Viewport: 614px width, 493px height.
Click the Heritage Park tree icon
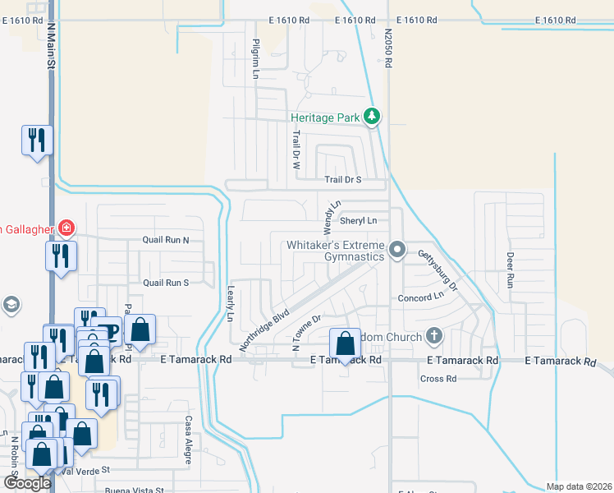372,117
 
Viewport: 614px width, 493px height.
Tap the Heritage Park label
326,118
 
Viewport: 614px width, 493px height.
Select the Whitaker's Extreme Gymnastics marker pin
397,249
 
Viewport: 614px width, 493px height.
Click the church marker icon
433,336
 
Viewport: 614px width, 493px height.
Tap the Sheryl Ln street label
358,220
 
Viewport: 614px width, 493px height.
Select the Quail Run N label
166,241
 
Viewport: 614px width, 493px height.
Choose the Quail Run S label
166,283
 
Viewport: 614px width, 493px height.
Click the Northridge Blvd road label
265,329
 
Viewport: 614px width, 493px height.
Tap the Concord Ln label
420,296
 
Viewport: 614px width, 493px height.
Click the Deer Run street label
510,270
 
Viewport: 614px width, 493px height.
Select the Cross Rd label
438,379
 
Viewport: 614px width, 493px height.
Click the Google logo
27,483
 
